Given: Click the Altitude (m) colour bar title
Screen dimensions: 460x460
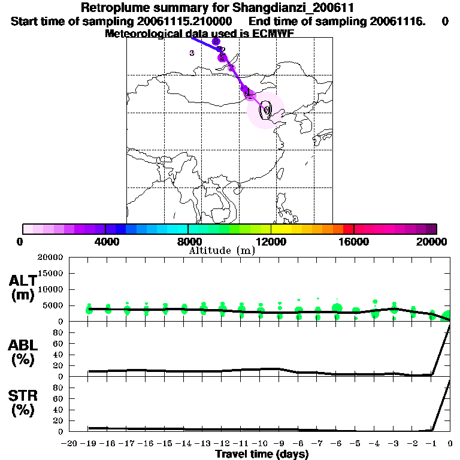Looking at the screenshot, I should pyautogui.click(x=222, y=250).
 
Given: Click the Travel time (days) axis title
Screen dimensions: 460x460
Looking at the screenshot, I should pyautogui.click(x=262, y=454).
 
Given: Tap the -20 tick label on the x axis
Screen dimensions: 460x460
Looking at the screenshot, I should pyautogui.click(x=69, y=443).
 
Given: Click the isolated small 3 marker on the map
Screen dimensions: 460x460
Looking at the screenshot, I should pyautogui.click(x=192, y=53).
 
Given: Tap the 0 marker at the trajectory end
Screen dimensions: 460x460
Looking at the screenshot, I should pyautogui.click(x=266, y=110).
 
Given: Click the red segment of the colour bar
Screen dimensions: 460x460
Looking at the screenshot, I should pyautogui.click(x=348, y=229).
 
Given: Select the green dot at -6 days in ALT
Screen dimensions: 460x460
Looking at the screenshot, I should pyautogui.click(x=337, y=308).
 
